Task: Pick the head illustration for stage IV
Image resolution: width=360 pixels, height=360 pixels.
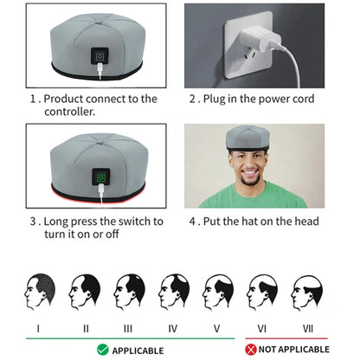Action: pos(172,292)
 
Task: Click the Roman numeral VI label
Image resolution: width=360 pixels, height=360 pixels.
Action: pos(260,328)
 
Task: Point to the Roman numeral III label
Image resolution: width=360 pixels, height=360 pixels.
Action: pos(127,328)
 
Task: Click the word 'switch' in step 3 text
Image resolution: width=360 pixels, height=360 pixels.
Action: pos(124,222)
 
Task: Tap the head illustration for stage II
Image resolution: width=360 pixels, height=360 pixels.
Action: pos(84,292)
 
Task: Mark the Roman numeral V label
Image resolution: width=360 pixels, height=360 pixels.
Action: pos(216,328)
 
